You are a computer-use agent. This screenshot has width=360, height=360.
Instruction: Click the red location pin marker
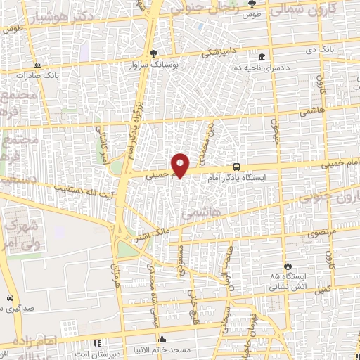click(x=181, y=165)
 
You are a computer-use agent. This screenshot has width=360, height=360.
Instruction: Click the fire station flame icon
click(x=288, y=266)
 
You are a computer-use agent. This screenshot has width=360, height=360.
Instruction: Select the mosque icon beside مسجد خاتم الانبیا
click(x=163, y=339)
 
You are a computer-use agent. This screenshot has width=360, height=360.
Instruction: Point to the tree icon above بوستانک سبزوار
click(x=153, y=53)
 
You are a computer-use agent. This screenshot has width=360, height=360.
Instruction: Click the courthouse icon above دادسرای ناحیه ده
click(x=262, y=56)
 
